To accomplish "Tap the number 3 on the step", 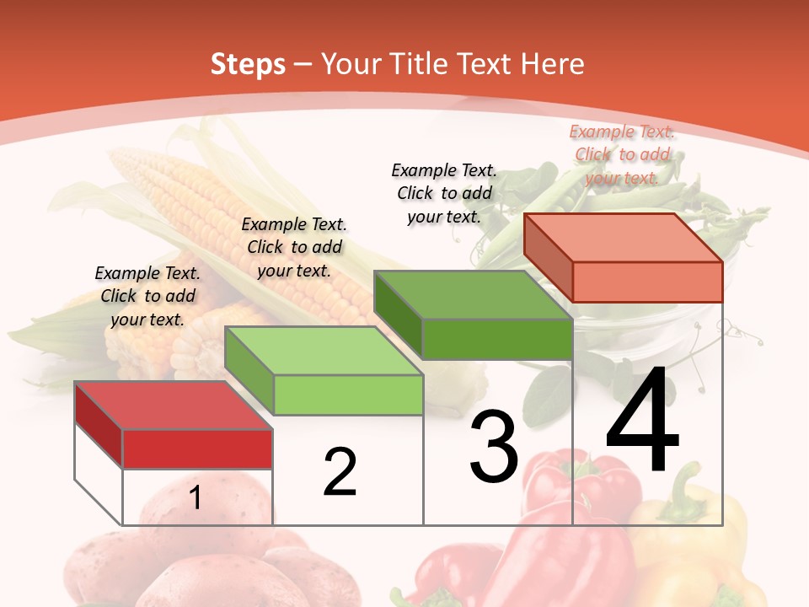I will coord(494,446).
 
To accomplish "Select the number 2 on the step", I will coord(340,471).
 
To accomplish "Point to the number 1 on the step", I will coord(196,497).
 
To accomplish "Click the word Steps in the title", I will coord(248,64).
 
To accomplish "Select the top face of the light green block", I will coord(324,351).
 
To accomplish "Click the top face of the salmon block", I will coord(624,238).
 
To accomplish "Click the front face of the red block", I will coord(197,449).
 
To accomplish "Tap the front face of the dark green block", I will coord(497,339).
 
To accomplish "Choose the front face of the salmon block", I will coord(647,282).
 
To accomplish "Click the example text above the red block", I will coord(147,296).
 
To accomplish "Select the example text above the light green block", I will coord(294,247).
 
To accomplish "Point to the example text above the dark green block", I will coord(444,193).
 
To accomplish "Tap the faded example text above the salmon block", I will coord(622,154).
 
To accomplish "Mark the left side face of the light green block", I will coord(249,371).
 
